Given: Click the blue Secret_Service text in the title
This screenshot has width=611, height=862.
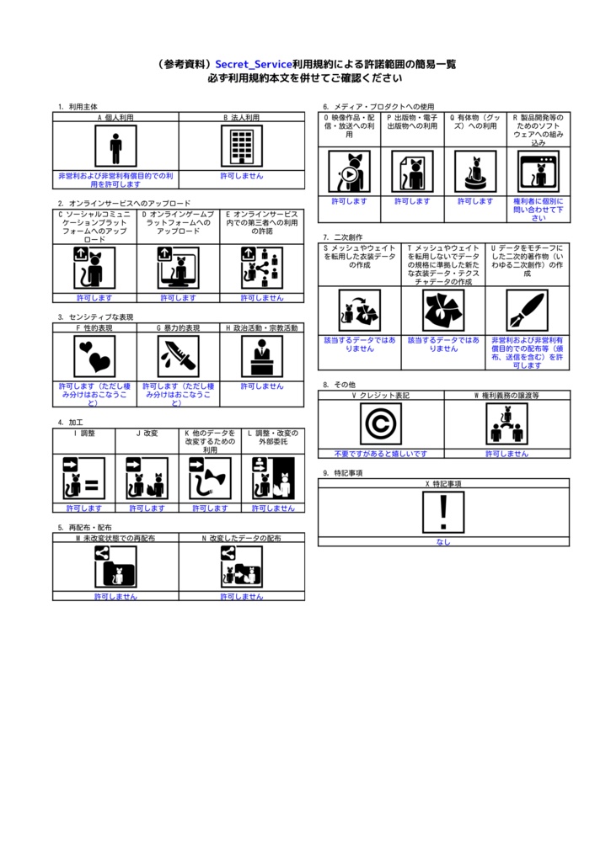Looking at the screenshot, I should pyautogui.click(x=253, y=64).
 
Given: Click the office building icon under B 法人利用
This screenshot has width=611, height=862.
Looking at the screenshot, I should pyautogui.click(x=242, y=148).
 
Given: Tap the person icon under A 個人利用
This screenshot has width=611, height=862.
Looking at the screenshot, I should pyautogui.click(x=115, y=148).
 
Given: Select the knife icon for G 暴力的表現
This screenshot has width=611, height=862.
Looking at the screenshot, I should pyautogui.click(x=179, y=356).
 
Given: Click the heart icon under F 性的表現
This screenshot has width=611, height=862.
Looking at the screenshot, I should pyautogui.click(x=94, y=356).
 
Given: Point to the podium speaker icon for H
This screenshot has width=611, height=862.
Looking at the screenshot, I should pyautogui.click(x=262, y=356).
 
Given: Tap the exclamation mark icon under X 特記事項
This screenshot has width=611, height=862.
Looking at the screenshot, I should pyautogui.click(x=443, y=513).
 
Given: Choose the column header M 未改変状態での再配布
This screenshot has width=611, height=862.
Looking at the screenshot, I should pyautogui.click(x=115, y=537).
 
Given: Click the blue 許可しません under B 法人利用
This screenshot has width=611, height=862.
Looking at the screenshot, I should pyautogui.click(x=242, y=176).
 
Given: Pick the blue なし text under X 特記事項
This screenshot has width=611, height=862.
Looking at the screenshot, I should pyautogui.click(x=443, y=542).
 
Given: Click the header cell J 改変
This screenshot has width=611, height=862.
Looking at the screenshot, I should pyautogui.click(x=147, y=433).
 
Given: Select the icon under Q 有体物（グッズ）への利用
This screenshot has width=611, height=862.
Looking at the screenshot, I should pyautogui.click(x=475, y=172).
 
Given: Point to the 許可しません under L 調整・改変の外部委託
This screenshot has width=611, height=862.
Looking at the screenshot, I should pyautogui.click(x=273, y=508).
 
